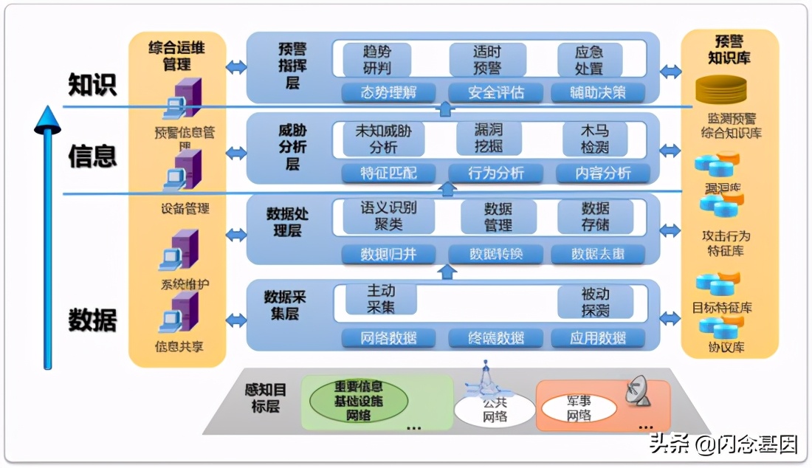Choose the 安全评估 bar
(496, 93)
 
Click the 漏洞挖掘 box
(488, 138)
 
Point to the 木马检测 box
(595, 138)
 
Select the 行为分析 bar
(496, 173)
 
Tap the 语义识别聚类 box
(388, 216)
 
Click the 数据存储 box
(595, 216)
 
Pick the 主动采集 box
(381, 299)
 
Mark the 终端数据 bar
(496, 338)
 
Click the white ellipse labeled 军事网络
(579, 407)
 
